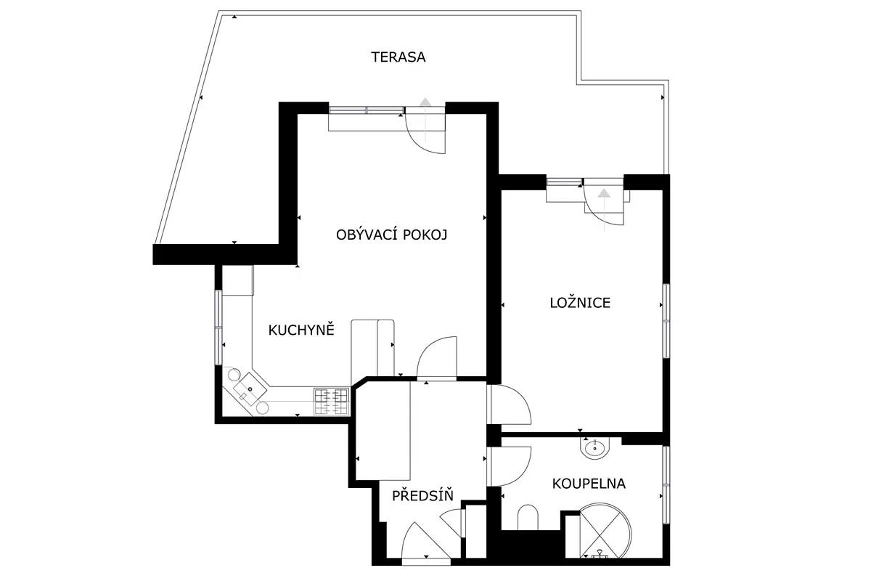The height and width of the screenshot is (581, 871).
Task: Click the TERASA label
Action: tap(398, 57)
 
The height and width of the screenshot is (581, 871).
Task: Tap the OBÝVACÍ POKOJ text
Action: tap(391, 235)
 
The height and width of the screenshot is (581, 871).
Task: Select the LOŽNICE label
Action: tap(580, 303)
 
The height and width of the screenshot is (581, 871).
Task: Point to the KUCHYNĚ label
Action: tap(301, 329)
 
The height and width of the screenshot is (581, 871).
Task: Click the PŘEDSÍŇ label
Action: tap(422, 495)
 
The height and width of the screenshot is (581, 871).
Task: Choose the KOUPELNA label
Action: tap(589, 484)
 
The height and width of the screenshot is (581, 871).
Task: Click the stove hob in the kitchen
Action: tap(331, 402)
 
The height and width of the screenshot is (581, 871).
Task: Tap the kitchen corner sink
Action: tap(250, 389)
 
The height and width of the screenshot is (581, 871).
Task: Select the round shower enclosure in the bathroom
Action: tap(605, 531)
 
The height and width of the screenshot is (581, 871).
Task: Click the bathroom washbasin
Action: tap(595, 448)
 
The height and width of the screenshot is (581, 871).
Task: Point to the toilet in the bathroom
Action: tap(528, 518)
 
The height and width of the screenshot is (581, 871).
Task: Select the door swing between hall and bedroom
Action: tap(509, 405)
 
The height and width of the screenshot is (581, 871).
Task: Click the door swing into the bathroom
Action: tap(509, 466)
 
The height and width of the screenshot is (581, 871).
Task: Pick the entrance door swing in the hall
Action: tap(426, 542)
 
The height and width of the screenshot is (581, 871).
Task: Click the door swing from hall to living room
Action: tap(437, 357)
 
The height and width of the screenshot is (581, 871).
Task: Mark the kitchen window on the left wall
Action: tap(218, 328)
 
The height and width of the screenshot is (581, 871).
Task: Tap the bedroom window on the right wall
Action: tap(666, 321)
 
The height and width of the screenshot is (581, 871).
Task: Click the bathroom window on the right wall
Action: tap(666, 485)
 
